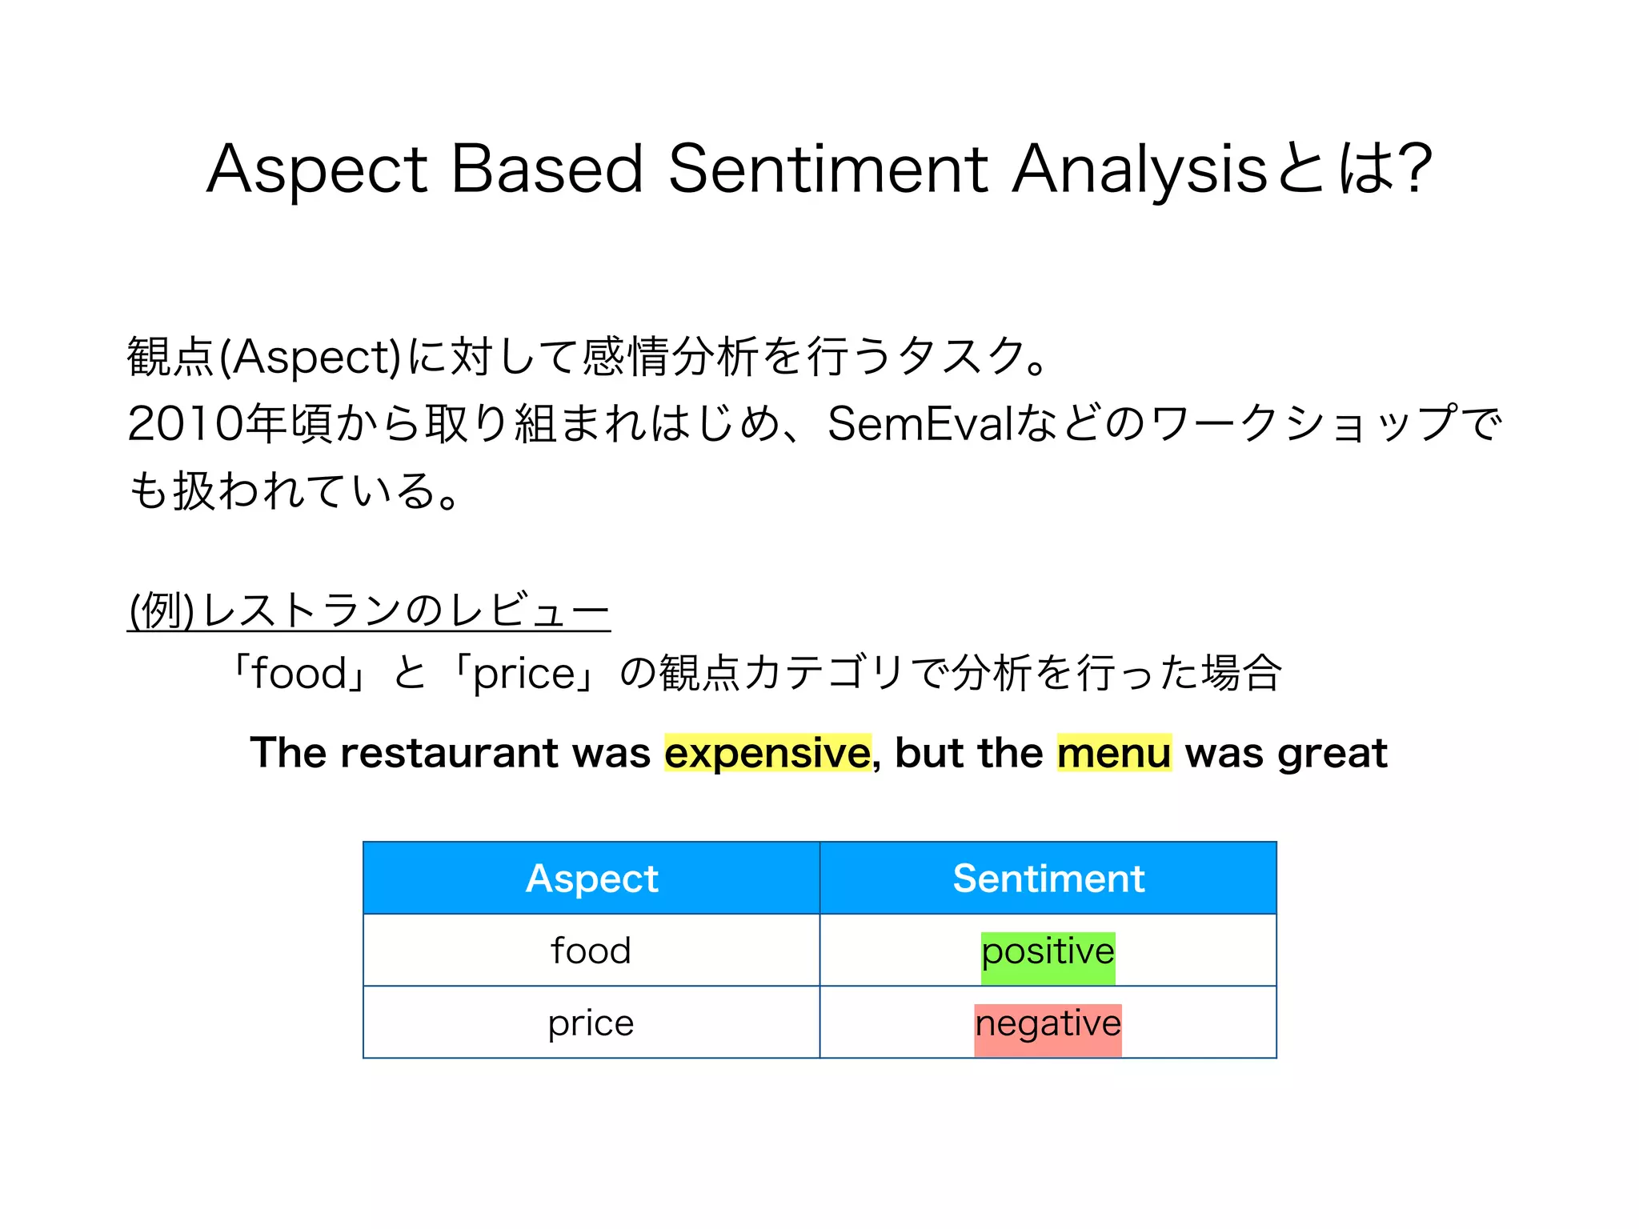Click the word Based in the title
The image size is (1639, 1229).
coord(547,170)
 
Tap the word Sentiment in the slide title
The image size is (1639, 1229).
coord(828,170)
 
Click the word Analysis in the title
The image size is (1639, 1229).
coord(1138,170)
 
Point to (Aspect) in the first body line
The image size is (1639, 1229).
coord(311,357)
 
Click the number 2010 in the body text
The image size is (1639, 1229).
coord(185,424)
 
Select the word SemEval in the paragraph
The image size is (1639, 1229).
coord(920,424)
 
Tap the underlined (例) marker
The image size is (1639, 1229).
coord(161,611)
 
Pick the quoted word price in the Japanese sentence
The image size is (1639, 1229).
coord(524,674)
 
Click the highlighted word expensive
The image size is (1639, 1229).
coord(767,753)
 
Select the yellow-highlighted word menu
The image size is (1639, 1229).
coord(1114,753)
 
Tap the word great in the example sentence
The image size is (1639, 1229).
coord(1332,753)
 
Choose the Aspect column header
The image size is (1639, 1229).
coord(591,879)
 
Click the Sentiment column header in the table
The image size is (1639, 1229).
coord(1048,879)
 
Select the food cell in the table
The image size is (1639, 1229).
coord(591,951)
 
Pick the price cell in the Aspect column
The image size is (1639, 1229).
coord(591,1023)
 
